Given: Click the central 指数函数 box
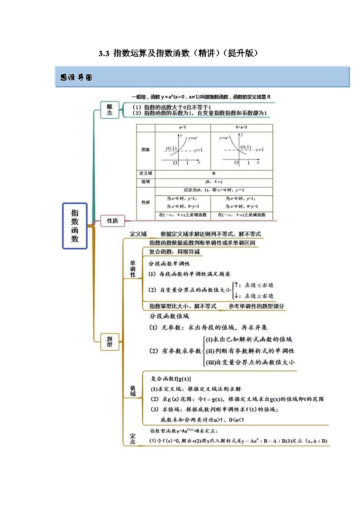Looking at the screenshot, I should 75,226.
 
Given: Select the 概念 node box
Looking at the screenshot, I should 109,109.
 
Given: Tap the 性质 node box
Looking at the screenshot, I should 112,221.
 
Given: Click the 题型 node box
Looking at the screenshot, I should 109,341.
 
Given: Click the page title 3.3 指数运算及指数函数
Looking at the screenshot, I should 179,53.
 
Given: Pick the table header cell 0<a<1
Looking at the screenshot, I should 241,128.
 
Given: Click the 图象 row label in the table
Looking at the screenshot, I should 146,149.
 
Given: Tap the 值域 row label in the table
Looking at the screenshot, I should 146,181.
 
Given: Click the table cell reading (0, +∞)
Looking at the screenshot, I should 214,181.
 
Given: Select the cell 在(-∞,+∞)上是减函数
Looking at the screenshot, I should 241,215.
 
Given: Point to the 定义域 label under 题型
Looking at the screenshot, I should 138,234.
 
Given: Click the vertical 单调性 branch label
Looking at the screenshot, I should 133,268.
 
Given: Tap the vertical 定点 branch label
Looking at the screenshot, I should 132,439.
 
